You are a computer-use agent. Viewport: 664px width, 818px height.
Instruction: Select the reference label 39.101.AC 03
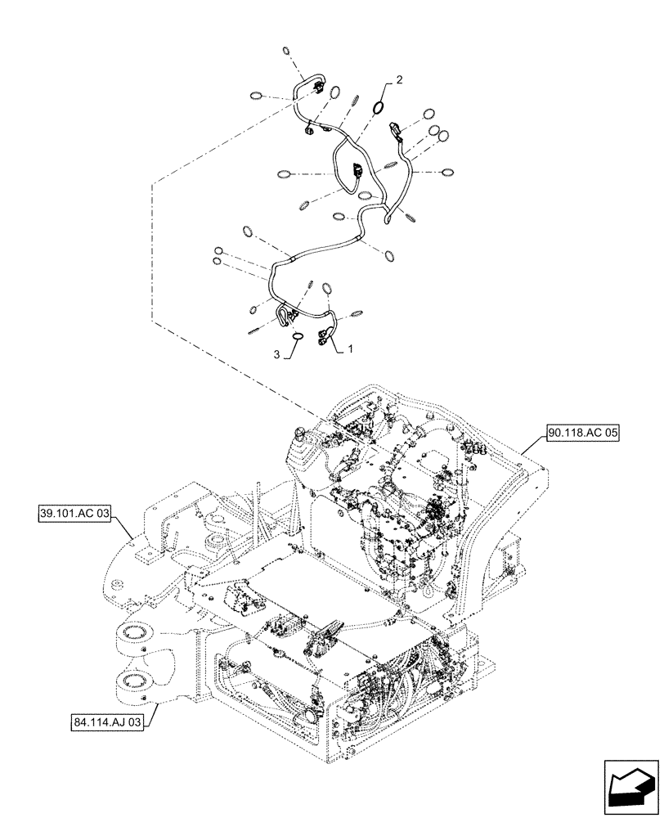coord(74,515)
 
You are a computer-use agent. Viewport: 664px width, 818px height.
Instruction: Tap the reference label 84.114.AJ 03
coord(108,721)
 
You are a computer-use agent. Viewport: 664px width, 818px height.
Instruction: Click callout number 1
coord(352,348)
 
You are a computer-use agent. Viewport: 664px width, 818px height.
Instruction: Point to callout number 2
coord(398,80)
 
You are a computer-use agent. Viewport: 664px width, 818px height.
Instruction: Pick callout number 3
coord(276,356)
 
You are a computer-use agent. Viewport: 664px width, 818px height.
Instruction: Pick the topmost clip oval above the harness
coord(286,52)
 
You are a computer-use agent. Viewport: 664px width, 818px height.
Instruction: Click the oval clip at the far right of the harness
coord(447,173)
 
